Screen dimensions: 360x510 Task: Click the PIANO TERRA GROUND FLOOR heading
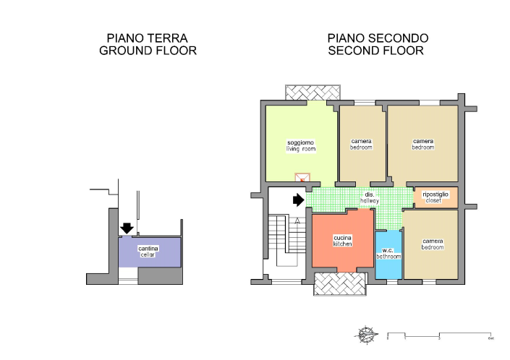tap(148, 44)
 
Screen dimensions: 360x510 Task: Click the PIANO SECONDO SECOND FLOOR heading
tap(378, 44)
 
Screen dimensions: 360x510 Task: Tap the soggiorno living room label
tap(301, 146)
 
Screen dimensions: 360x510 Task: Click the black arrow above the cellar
tap(127, 228)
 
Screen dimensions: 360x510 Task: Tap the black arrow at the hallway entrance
tap(297, 200)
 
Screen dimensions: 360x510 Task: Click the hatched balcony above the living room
tap(313, 93)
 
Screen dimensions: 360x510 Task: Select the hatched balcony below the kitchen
tap(339, 284)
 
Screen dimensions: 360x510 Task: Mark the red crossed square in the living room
tap(302, 178)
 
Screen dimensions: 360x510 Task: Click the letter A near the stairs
tap(296, 221)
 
